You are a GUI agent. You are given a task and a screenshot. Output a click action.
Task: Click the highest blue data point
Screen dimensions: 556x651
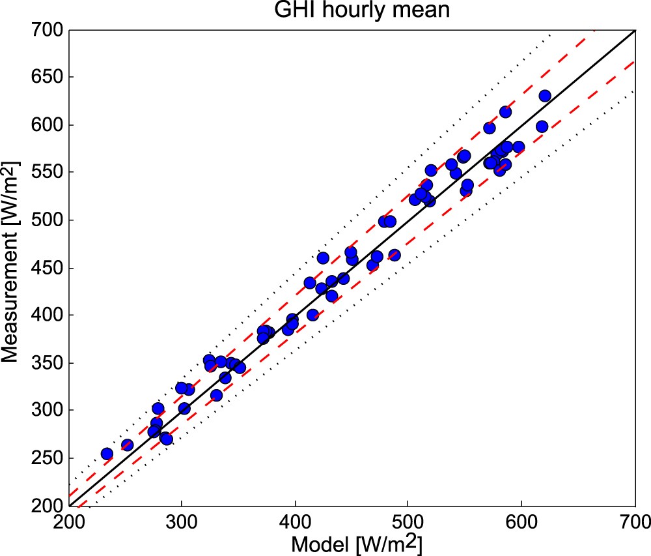tap(545, 96)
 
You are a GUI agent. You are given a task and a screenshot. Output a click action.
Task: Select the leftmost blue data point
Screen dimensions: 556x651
tap(107, 454)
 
